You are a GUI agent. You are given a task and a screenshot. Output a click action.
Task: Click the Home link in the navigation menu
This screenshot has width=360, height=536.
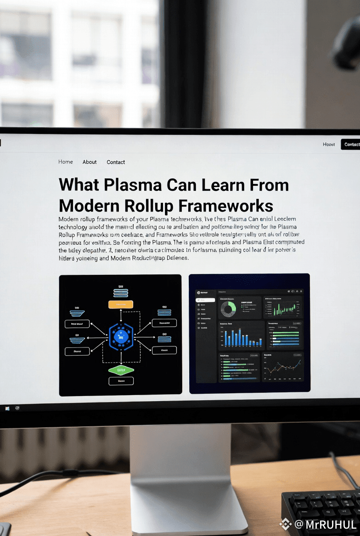pyautogui.click(x=66, y=162)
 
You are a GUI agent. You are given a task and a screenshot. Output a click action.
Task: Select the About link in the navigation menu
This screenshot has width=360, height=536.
pyautogui.click(x=90, y=162)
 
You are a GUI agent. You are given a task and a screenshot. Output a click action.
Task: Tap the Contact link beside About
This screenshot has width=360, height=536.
pyautogui.click(x=116, y=162)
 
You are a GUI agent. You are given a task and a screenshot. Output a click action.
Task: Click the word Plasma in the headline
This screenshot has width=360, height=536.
pyautogui.click(x=132, y=184)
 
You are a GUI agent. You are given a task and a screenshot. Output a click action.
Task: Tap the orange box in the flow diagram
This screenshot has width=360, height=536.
pyautogui.click(x=120, y=304)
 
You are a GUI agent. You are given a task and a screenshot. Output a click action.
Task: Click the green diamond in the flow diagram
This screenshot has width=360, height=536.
pyautogui.click(x=121, y=369)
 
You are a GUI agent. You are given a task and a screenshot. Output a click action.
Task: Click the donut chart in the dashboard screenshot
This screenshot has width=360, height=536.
pyautogui.click(x=228, y=308)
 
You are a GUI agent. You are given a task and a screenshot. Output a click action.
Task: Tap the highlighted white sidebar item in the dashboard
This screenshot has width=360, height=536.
pyautogui.click(x=206, y=300)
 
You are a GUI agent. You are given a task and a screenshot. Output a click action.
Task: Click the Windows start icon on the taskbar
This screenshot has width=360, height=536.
pyautogui.click(x=7, y=408)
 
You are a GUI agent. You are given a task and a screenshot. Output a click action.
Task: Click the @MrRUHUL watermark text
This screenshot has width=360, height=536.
pyautogui.click(x=325, y=525)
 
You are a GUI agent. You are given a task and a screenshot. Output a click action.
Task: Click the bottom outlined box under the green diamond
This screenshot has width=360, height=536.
pyautogui.click(x=121, y=381)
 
